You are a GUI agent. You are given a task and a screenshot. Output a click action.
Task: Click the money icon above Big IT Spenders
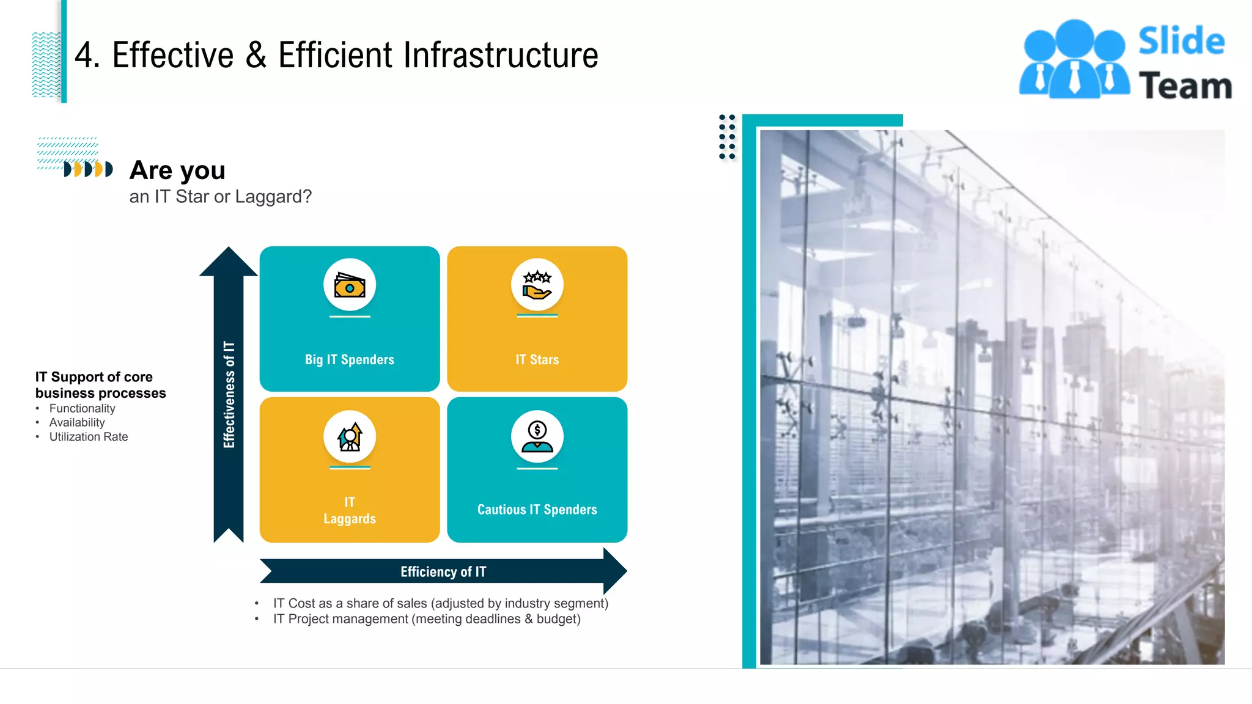click(x=350, y=285)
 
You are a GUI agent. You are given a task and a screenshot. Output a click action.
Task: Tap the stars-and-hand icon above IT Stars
click(x=537, y=285)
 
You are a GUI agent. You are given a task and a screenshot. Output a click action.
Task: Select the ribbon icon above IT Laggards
click(x=350, y=437)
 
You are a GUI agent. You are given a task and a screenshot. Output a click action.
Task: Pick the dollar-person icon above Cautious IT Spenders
click(x=537, y=437)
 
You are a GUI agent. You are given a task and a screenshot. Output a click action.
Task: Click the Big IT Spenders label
click(x=350, y=359)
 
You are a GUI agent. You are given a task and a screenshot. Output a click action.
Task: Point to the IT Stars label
click(x=537, y=359)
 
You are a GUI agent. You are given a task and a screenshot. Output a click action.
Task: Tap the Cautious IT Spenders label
click(x=537, y=510)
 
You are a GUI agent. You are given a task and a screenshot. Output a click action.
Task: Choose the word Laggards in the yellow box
click(x=350, y=519)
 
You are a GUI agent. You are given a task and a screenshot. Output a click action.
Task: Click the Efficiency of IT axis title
click(x=443, y=571)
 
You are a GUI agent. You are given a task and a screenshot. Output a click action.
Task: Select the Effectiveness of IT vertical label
click(x=229, y=394)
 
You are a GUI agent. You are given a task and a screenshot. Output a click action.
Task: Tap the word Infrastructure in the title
click(x=500, y=55)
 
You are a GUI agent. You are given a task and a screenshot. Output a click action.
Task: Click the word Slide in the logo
click(x=1181, y=41)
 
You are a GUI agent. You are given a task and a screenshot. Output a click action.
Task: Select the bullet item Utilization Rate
click(x=89, y=437)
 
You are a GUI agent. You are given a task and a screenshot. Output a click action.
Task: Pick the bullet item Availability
click(x=77, y=422)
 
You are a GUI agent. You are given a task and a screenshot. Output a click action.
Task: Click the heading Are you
click(x=177, y=170)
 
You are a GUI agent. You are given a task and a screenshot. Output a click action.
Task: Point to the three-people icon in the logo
click(x=1074, y=59)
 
